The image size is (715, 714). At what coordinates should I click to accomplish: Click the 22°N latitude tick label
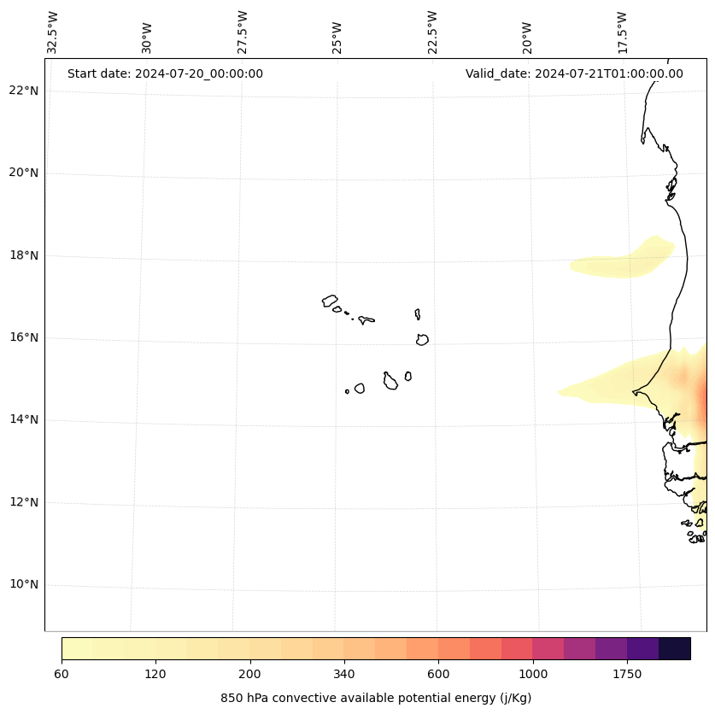point(24,91)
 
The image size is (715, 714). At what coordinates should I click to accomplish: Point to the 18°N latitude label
point(24,255)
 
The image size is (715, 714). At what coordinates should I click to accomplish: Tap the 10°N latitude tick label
point(24,585)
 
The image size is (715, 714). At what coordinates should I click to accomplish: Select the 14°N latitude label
point(24,419)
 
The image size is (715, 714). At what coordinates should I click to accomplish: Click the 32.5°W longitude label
point(53,32)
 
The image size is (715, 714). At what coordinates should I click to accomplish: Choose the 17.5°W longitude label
point(623,32)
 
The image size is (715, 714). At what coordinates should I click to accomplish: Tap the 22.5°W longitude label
point(432,32)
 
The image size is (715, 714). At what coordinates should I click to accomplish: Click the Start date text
point(165,73)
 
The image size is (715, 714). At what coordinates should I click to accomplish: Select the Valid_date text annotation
point(574,73)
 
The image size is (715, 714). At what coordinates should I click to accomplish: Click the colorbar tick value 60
point(62,674)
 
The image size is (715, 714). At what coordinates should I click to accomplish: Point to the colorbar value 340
point(344,674)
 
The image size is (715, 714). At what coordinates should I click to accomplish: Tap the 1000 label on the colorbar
point(533,674)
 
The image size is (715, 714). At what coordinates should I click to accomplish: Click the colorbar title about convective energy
point(376,698)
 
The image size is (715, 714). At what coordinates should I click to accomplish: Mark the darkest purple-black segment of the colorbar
point(675,648)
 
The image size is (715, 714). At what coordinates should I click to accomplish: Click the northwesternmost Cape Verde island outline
point(330,301)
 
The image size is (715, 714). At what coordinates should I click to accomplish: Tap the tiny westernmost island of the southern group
point(347,391)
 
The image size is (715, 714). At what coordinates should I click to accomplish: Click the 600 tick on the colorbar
point(438,674)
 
